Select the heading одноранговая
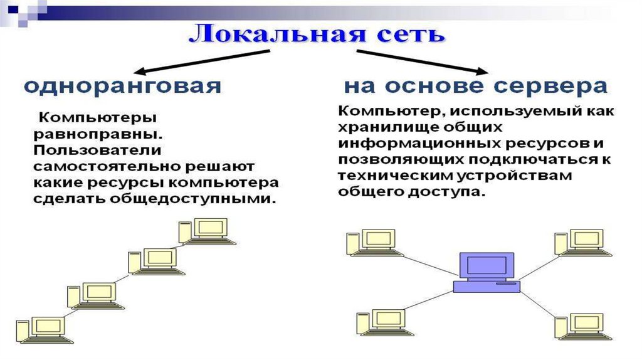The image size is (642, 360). pyautogui.click(x=123, y=86)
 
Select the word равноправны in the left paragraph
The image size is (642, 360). pyautogui.click(x=97, y=135)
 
